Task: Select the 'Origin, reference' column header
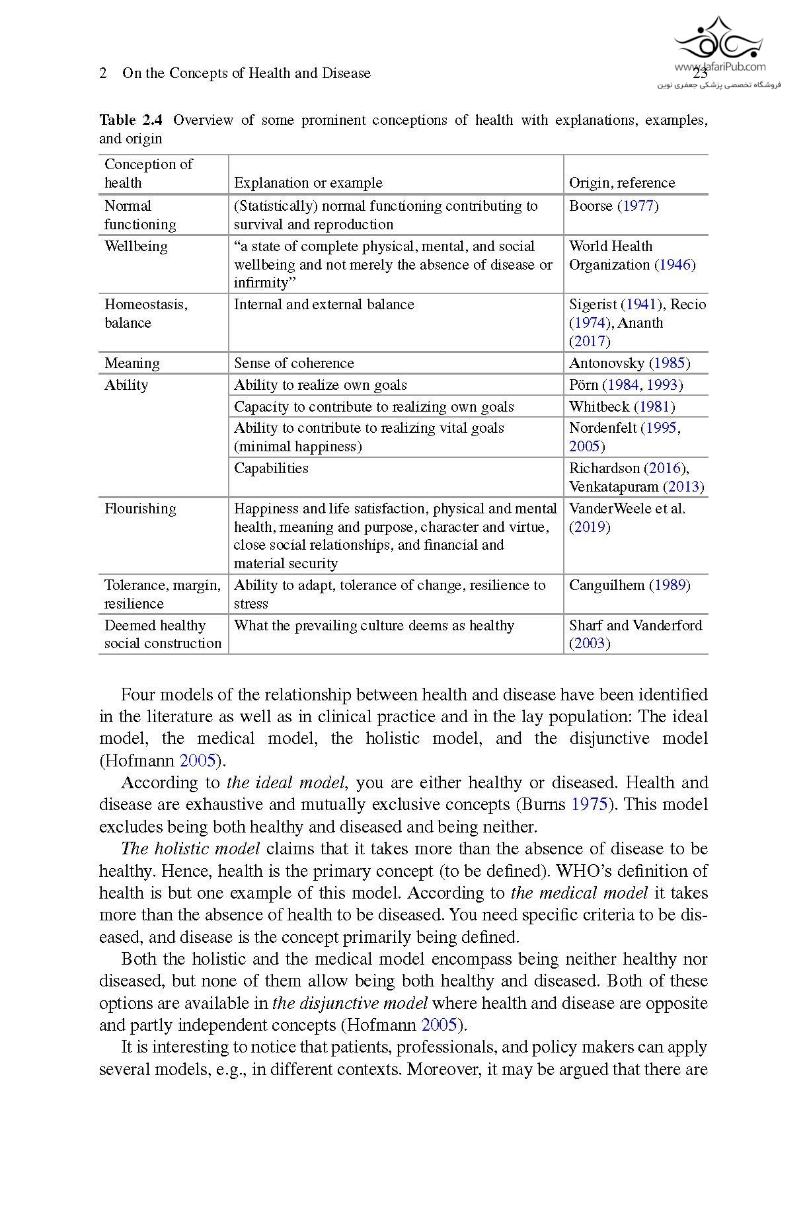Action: (621, 183)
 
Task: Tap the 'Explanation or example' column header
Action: (308, 183)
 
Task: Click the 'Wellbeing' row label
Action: (135, 246)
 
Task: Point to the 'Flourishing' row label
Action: (140, 509)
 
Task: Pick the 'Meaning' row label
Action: (132, 363)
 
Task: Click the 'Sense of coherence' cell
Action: (293, 363)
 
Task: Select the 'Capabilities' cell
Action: (271, 468)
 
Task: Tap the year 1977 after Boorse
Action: (638, 206)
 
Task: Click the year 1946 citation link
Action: (675, 265)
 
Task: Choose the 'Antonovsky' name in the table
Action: (606, 363)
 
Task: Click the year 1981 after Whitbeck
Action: (654, 407)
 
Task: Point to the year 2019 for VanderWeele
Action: (590, 527)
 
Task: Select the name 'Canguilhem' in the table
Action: (606, 585)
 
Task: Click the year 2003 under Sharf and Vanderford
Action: (590, 644)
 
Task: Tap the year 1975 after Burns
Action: (588, 805)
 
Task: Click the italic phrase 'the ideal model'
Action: (286, 783)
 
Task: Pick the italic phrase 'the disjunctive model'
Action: (350, 1003)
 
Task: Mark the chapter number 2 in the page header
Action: (103, 73)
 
